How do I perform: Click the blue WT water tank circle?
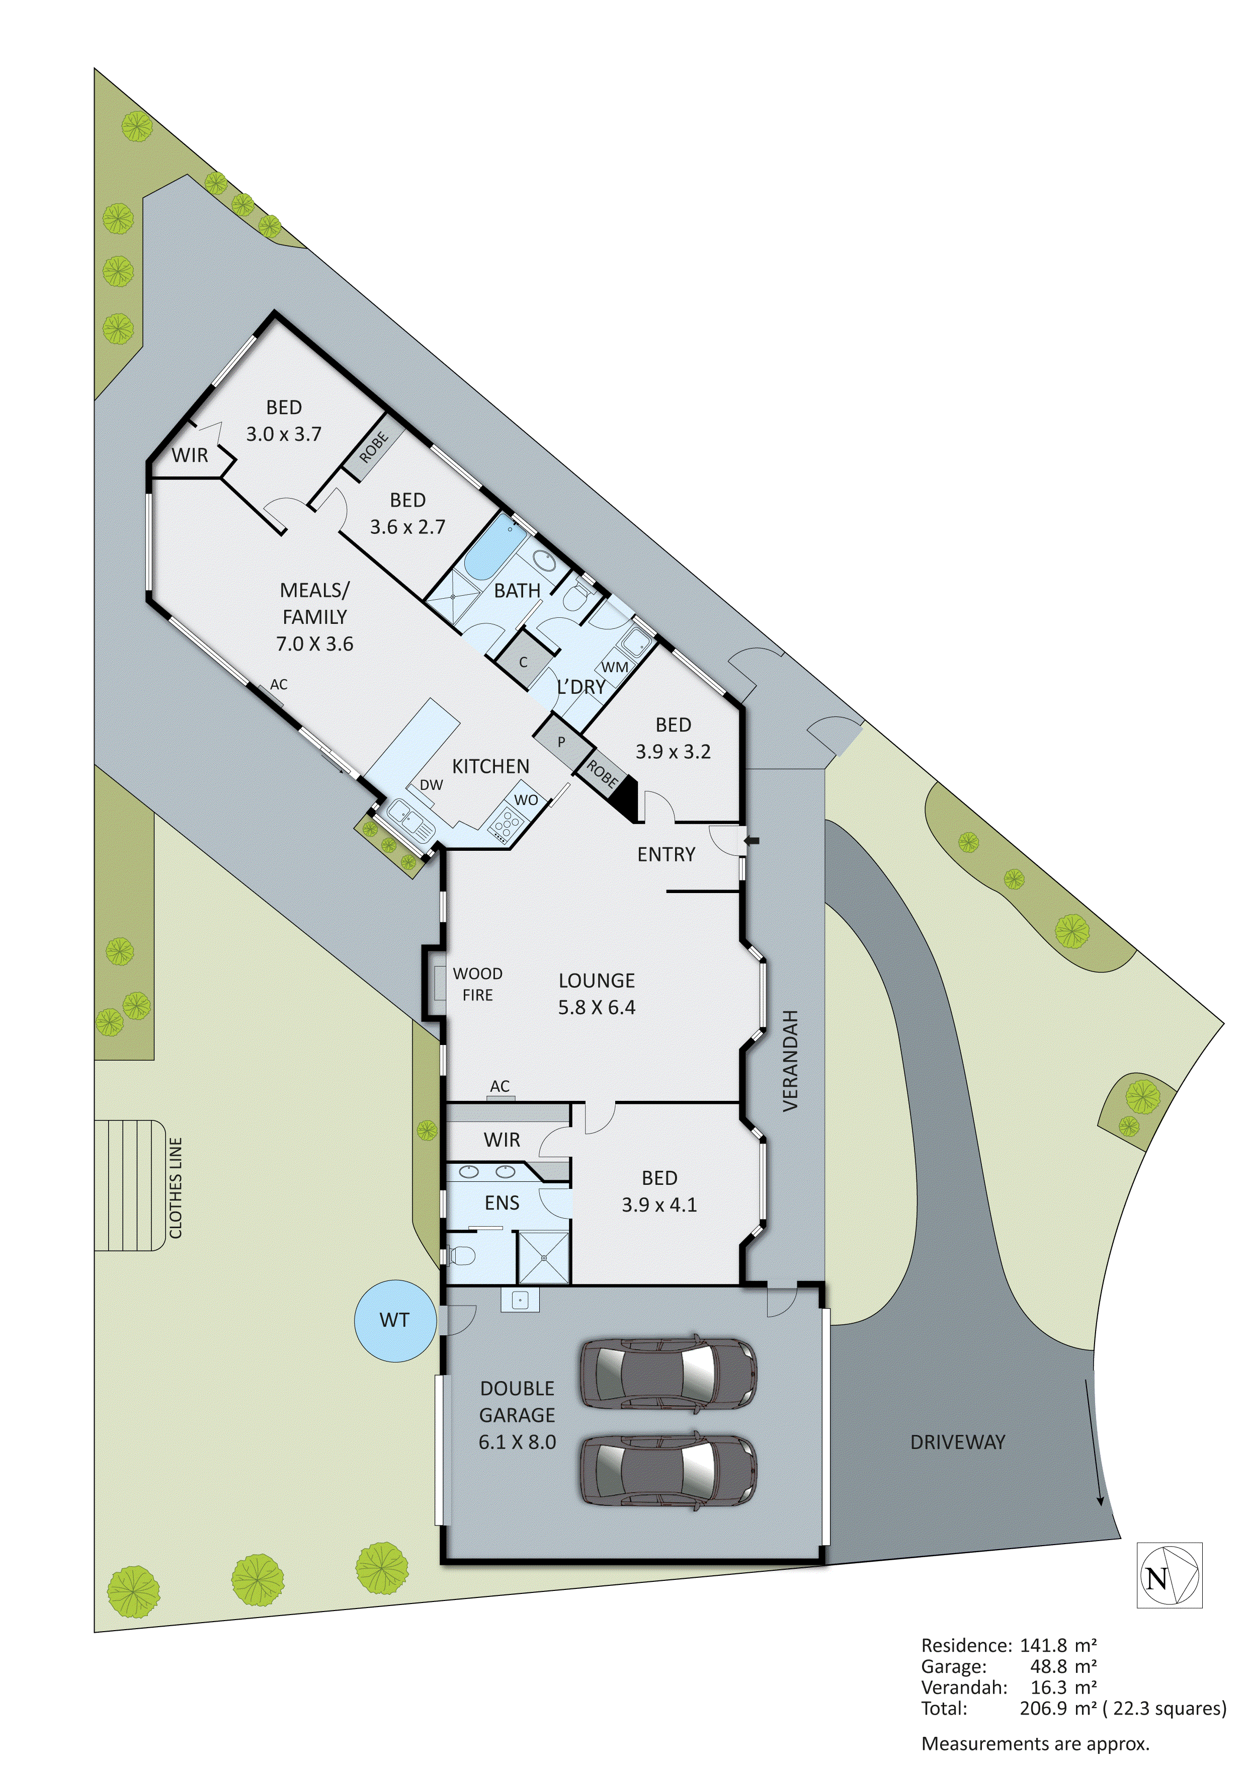coord(394,1320)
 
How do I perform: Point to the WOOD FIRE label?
coord(477,984)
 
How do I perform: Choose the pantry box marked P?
coord(562,742)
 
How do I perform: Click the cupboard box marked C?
coord(523,661)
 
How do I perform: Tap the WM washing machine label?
coord(614,667)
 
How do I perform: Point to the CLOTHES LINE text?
coord(176,1188)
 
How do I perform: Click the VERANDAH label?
coord(791,1060)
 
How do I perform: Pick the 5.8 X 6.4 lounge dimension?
coord(597,1007)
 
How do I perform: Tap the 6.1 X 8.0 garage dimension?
coord(517,1441)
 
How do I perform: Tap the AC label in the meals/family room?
coord(278,684)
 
